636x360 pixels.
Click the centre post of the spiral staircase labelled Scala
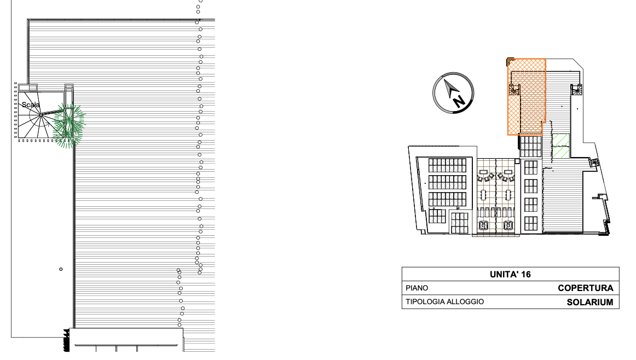pos(42,115)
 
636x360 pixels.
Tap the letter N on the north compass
pos(459,101)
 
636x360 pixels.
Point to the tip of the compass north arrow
pos(446,80)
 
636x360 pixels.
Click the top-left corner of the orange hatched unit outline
pos(508,59)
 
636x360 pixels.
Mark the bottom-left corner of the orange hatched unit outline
pos(508,134)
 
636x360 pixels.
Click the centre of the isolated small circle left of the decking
pos(61,269)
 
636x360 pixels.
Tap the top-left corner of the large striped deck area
pos(28,20)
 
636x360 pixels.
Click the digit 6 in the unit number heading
pos(528,275)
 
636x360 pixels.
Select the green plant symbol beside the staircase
pos(70,126)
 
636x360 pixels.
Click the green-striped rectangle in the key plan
pos(561,146)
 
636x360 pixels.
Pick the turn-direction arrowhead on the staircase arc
pos(48,124)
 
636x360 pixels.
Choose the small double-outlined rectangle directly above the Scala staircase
pos(27,88)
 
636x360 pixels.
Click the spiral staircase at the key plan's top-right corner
pos(577,90)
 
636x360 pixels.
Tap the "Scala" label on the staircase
pos(31,105)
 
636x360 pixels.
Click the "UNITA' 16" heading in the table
pos(510,275)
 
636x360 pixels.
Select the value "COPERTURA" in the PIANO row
pos(585,288)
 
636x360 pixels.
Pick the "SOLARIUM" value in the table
pos(590,303)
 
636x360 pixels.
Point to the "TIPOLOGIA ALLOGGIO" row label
pos(444,301)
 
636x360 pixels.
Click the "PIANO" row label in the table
pos(417,288)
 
